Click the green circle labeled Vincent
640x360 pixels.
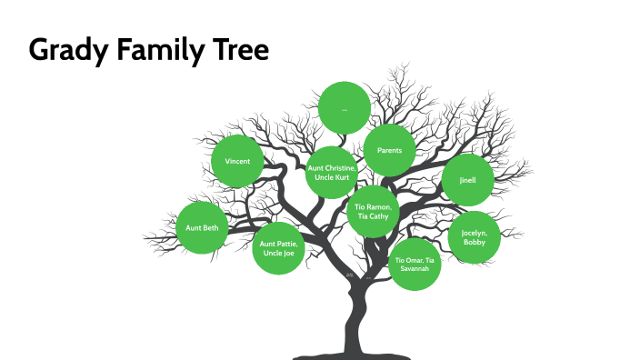click(237, 162)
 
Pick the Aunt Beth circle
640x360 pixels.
click(202, 227)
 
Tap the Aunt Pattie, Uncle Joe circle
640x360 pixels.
click(278, 248)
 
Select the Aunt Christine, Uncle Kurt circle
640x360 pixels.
click(332, 173)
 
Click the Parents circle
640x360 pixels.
click(390, 149)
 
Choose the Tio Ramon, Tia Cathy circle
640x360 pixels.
click(373, 212)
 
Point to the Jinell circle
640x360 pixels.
click(467, 180)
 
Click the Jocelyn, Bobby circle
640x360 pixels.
click(475, 238)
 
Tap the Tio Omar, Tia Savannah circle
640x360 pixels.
click(415, 265)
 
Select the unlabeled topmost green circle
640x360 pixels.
click(345, 107)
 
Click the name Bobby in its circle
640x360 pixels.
click(475, 244)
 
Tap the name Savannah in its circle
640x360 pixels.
click(415, 269)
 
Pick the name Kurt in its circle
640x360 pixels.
click(342, 178)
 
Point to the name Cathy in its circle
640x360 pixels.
click(379, 216)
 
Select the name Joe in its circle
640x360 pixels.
click(288, 254)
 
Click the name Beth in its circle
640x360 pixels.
click(211, 227)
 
